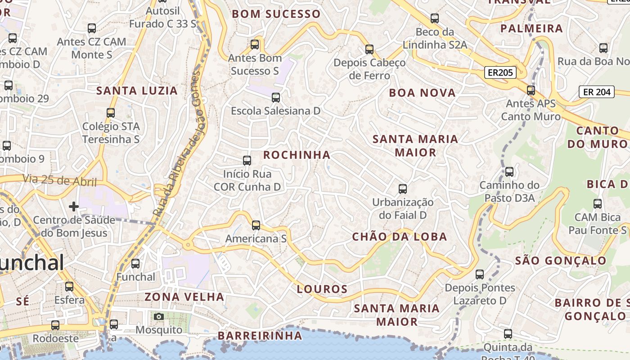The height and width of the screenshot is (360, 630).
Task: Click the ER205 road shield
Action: click(500, 72)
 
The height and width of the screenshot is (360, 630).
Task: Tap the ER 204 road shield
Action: click(597, 92)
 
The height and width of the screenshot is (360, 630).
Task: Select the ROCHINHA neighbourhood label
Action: click(297, 155)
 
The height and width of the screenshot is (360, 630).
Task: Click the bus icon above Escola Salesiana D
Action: click(276, 98)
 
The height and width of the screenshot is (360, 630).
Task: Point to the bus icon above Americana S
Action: click(256, 225)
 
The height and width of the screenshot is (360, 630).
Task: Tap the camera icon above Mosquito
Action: click(158, 317)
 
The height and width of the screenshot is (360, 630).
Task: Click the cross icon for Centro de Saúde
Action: click(74, 207)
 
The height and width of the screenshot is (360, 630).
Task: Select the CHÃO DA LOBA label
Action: click(400, 237)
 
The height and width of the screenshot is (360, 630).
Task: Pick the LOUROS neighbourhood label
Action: click(322, 289)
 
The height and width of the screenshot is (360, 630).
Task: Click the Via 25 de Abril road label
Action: click(59, 180)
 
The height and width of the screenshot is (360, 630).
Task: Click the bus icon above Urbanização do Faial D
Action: click(403, 189)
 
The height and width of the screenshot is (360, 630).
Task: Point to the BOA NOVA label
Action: click(422, 93)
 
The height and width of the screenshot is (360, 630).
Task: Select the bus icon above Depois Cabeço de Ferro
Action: click(369, 49)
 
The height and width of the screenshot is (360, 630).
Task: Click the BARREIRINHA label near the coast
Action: click(260, 336)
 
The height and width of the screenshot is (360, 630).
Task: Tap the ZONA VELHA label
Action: click(184, 297)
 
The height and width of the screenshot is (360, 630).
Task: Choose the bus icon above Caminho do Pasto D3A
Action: click(509, 172)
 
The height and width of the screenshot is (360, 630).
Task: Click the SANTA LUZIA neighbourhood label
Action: click(137, 91)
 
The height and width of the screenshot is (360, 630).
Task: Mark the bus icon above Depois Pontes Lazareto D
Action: click(480, 274)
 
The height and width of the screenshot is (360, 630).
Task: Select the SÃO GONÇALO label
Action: click(561, 261)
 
